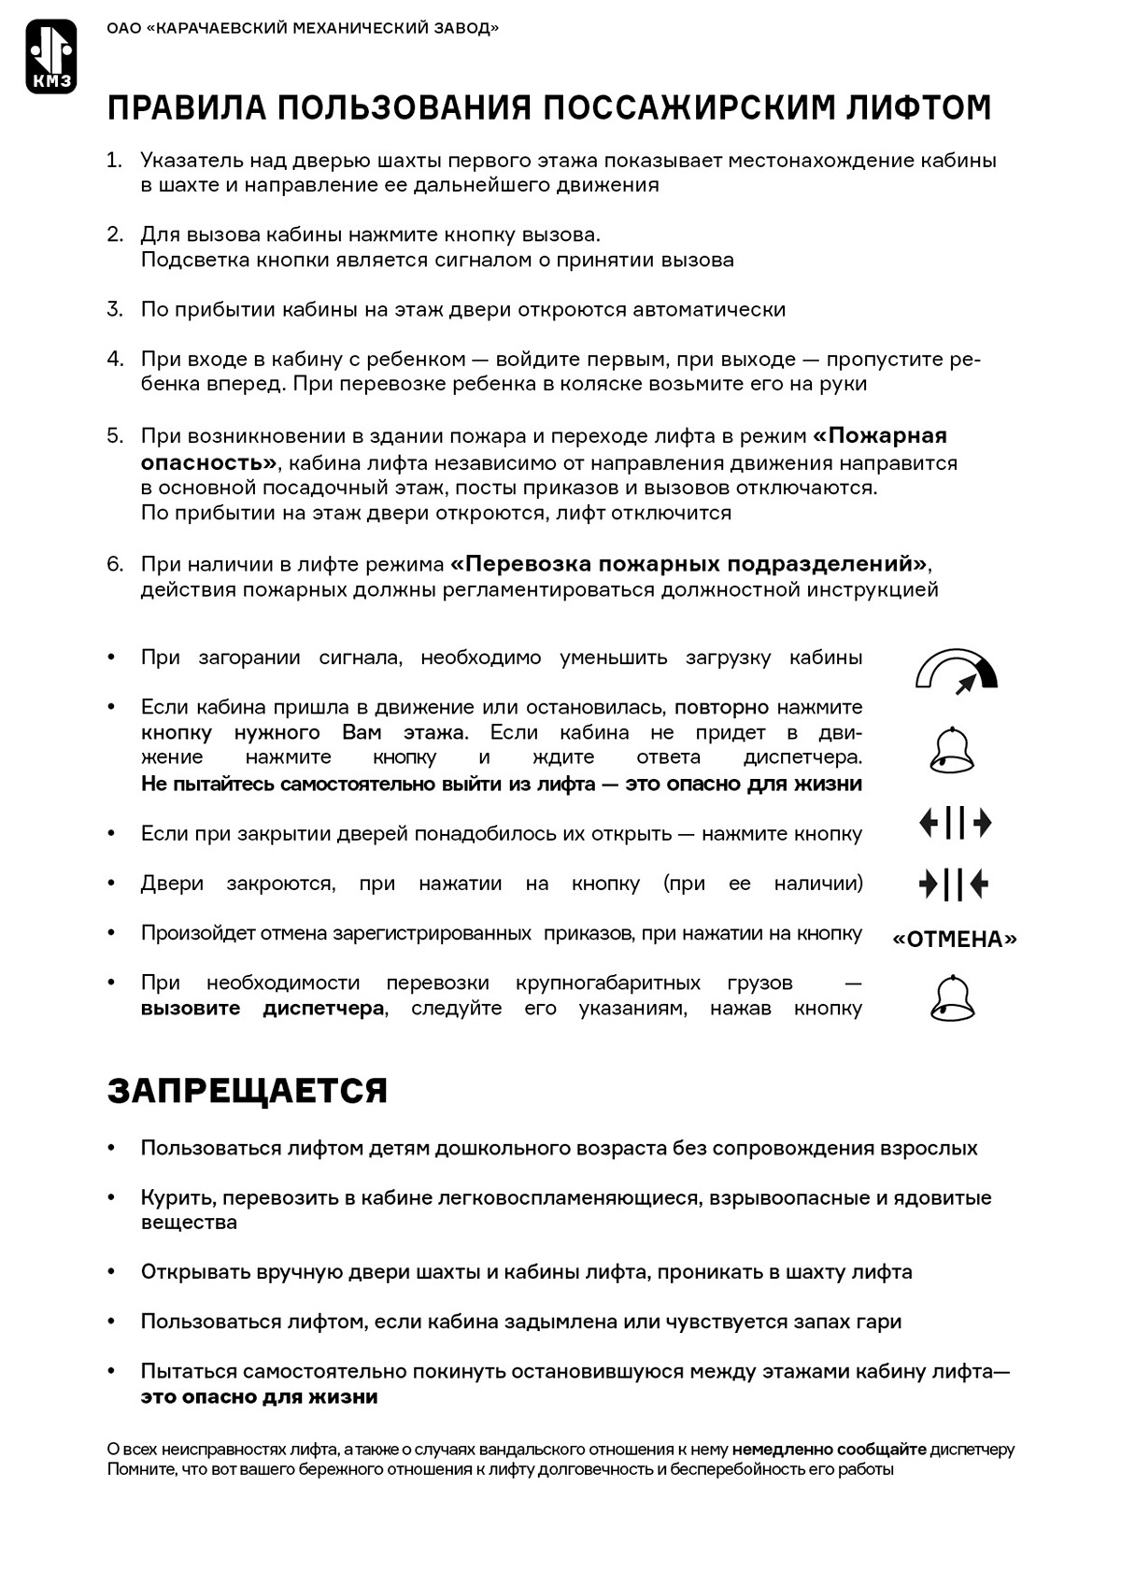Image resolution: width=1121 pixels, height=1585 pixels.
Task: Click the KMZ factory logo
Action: pyautogui.click(x=51, y=57)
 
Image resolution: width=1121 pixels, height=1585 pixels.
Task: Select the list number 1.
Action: pyautogui.click(x=114, y=161)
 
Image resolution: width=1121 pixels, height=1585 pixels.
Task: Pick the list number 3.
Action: pyautogui.click(x=114, y=309)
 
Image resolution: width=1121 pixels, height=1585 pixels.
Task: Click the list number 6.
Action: pyautogui.click(x=114, y=564)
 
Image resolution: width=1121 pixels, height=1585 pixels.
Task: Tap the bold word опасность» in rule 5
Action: pyautogui.click(x=208, y=462)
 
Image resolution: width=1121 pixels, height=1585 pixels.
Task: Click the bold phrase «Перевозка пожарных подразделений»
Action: pyautogui.click(x=689, y=564)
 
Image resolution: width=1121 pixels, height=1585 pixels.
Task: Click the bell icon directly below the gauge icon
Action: pyautogui.click(x=953, y=750)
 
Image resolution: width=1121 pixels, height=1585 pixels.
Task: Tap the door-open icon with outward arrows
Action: pyautogui.click(x=955, y=823)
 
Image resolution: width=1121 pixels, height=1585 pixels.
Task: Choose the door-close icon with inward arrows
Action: pyautogui.click(x=954, y=884)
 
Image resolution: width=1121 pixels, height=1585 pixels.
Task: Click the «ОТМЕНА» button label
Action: pyautogui.click(x=955, y=939)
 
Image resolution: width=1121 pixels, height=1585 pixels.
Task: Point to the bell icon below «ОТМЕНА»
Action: pyautogui.click(x=953, y=998)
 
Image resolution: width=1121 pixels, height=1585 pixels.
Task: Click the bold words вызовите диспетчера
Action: pyautogui.click(x=263, y=1009)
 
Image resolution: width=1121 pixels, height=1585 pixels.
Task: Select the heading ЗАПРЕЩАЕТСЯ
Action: pyautogui.click(x=248, y=1091)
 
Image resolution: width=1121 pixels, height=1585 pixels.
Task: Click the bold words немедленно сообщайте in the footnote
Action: pyautogui.click(x=829, y=1450)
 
